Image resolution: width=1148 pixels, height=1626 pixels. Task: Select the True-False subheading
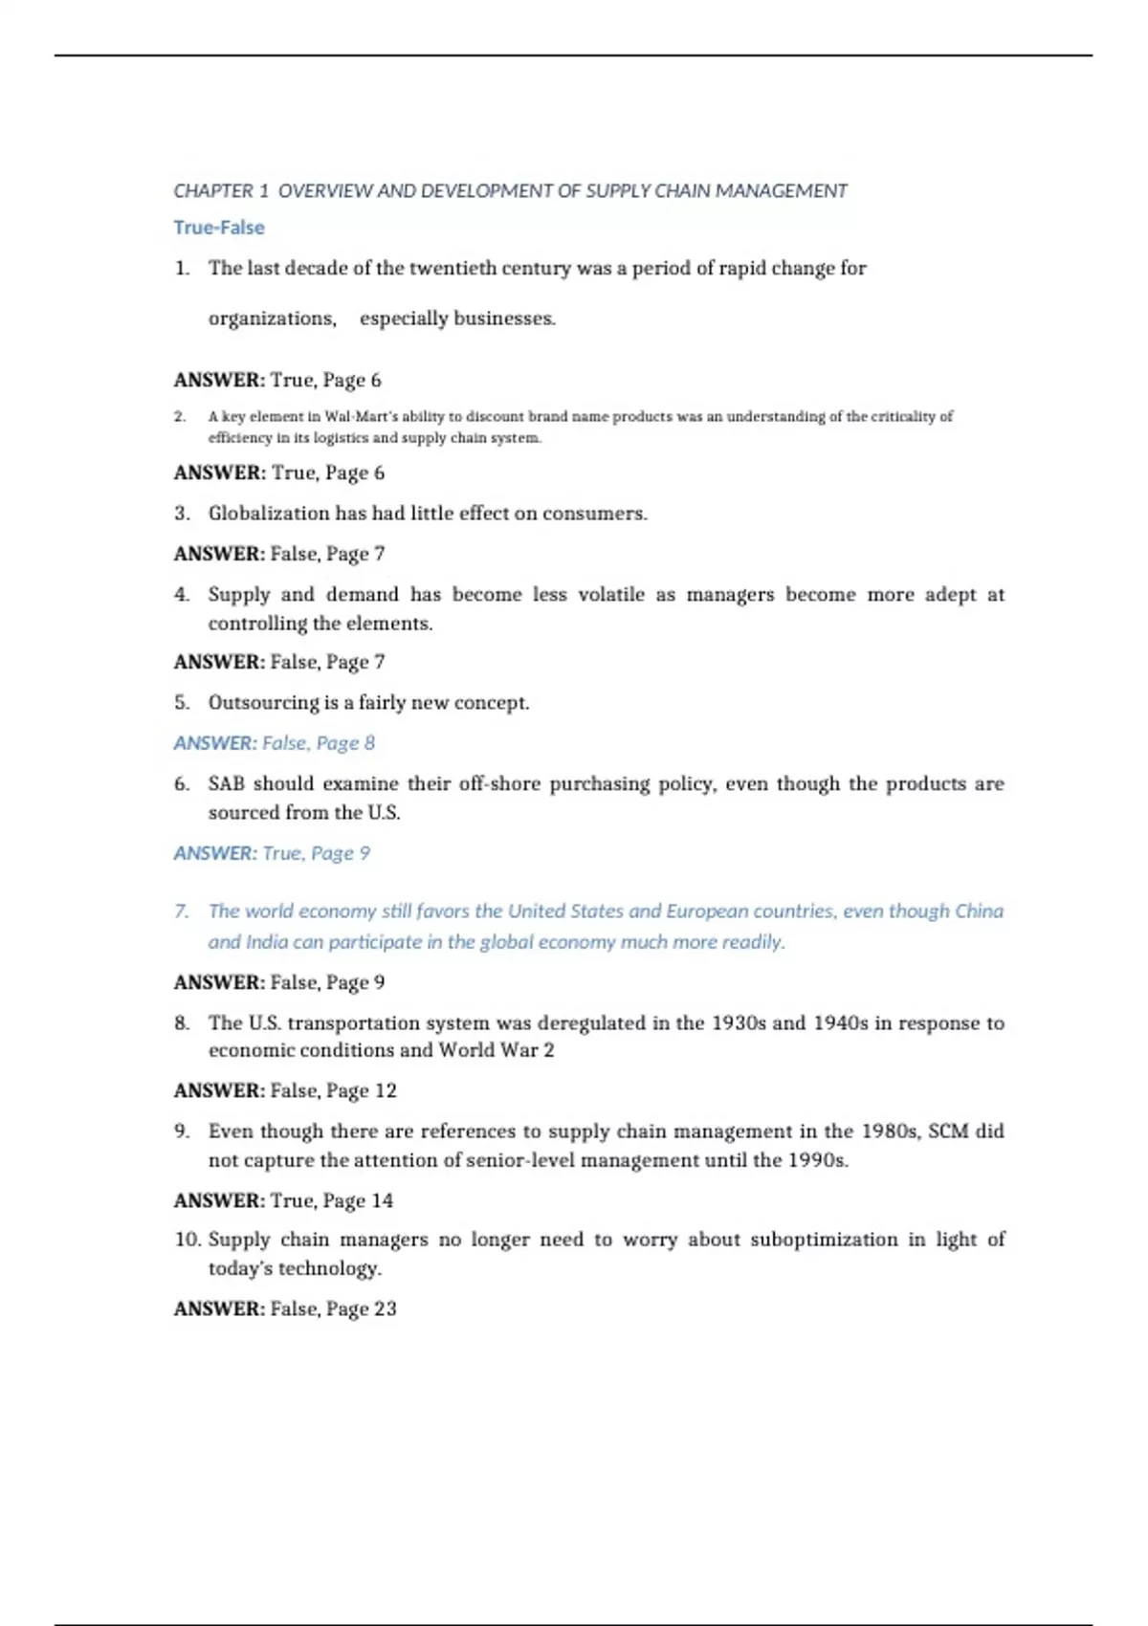click(x=219, y=228)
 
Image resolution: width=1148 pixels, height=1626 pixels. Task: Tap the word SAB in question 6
click(x=226, y=784)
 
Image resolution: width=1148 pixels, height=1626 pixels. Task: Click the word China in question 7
click(x=979, y=912)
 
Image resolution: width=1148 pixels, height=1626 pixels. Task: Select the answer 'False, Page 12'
click(x=333, y=1091)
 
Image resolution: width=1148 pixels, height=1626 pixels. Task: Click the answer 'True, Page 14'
click(x=332, y=1201)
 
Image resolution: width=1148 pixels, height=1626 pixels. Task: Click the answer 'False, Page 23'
click(x=333, y=1309)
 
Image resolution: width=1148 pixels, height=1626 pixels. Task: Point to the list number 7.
click(x=181, y=912)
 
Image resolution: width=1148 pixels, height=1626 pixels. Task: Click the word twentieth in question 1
click(x=453, y=269)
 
